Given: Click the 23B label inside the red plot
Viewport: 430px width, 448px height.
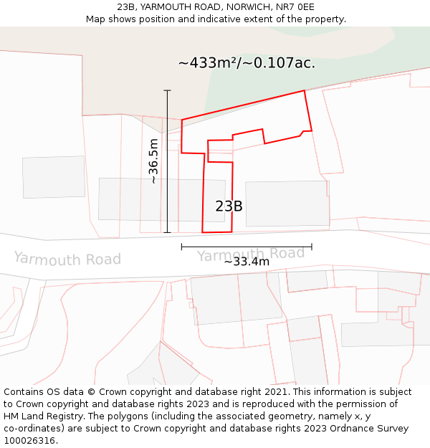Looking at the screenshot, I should click(229, 206).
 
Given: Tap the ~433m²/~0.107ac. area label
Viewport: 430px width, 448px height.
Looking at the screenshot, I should click(247, 63).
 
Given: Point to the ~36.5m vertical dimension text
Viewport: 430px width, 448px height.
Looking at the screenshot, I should click(153, 161).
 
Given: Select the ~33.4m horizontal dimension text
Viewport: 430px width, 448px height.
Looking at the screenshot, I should click(247, 262).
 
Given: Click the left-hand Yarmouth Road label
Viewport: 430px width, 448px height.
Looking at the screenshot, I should click(67, 258).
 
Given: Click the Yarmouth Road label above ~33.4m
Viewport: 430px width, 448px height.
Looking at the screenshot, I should click(250, 254).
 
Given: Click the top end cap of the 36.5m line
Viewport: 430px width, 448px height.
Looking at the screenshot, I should click(168, 90).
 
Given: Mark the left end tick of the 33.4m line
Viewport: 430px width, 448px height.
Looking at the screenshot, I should click(182, 247).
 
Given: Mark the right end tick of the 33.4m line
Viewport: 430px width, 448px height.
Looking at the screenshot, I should click(312, 247).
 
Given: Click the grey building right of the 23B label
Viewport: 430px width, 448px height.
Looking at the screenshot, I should click(287, 204).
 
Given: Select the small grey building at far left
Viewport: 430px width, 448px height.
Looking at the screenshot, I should click(54, 176).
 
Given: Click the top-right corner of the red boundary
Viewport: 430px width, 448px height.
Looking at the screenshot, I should click(305, 90).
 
